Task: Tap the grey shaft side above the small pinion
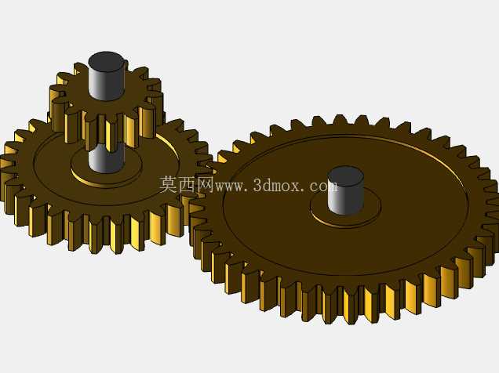click(106, 84)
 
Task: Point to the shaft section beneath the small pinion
click(106, 158)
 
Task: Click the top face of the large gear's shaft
click(345, 176)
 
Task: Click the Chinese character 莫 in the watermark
click(169, 185)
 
